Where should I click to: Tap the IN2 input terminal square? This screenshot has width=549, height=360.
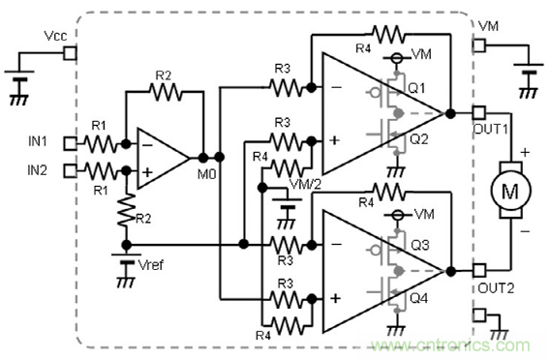point(69,171)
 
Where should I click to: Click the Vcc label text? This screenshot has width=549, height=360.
point(56,35)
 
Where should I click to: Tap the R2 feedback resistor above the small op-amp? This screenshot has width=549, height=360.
point(166,92)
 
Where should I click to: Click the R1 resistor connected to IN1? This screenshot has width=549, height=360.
point(100,144)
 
